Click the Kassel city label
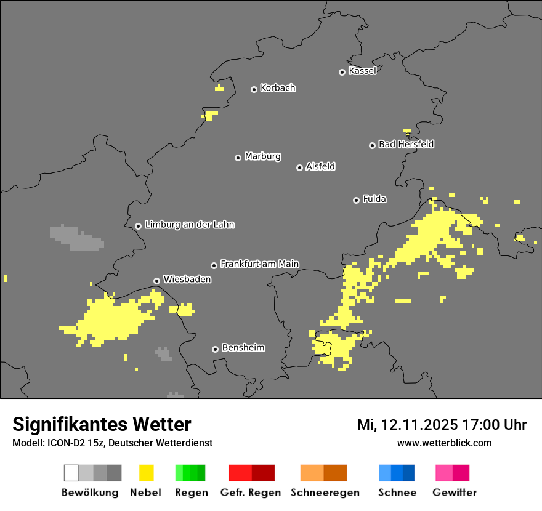coord(362,71)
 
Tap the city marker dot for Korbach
coord(254,89)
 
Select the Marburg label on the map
coord(262,156)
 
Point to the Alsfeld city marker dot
coord(299,167)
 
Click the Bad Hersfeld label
coord(406,144)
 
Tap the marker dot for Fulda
coord(356,200)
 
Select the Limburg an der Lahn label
coord(189,225)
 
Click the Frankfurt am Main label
coord(259,264)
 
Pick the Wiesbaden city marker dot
coord(156,281)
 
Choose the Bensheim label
coord(243,348)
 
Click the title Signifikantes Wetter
coord(102,425)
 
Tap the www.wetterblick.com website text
coord(444,443)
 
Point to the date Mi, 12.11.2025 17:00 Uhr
coord(442,425)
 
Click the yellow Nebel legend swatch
coord(146,473)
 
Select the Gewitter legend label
coord(454,493)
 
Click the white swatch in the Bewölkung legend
coord(71,473)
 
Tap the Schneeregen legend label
coord(325,493)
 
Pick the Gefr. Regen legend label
coord(250,493)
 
